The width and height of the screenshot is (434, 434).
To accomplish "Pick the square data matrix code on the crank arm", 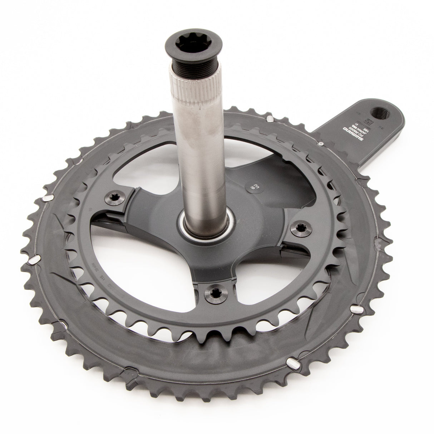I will [371, 131].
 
